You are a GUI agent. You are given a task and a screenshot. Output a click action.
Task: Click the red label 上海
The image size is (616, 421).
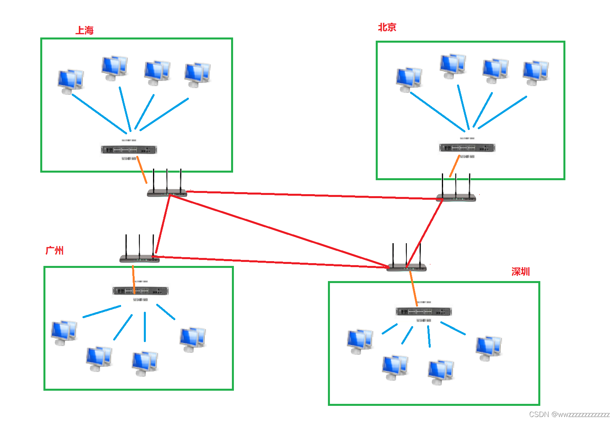coord(84,30)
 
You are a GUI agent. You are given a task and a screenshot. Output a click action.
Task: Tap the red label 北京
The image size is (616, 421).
coord(387,27)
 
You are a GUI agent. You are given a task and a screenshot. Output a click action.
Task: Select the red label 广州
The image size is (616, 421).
coord(55,250)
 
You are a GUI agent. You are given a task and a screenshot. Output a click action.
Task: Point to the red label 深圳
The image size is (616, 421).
coord(520,271)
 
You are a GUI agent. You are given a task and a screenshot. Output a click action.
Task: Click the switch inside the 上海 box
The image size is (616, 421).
coord(129,150)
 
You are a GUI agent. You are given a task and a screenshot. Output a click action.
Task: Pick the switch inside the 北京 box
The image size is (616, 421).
coord(467,148)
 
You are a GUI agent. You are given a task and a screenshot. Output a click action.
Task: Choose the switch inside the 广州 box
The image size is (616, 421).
coord(140,291)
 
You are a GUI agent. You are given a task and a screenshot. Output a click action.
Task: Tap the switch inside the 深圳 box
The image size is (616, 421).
coord(424,311)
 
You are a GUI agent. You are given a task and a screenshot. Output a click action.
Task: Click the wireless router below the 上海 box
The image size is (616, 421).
coord(167,193)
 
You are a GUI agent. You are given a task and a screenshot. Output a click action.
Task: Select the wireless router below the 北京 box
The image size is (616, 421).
coord(456,197)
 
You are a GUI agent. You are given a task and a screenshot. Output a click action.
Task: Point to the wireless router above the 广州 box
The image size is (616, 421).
coord(139,258)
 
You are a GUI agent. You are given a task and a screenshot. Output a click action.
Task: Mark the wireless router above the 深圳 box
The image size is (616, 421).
coord(406,267)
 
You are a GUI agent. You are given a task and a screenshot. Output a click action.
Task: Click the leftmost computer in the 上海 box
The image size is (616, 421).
coord(70,81)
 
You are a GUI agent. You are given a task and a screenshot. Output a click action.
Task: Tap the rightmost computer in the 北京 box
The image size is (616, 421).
coord(536,72)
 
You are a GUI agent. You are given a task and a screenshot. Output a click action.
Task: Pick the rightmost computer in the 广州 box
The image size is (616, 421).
coord(192,339)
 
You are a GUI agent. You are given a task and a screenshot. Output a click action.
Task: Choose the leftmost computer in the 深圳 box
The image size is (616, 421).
coord(360,341)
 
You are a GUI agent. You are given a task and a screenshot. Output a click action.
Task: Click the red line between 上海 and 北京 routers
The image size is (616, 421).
coord(311,195)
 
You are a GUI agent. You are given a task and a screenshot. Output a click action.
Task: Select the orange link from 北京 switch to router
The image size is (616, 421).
coord(454,166)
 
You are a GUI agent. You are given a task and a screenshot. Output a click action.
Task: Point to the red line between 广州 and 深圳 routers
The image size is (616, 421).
coord(271,262)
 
